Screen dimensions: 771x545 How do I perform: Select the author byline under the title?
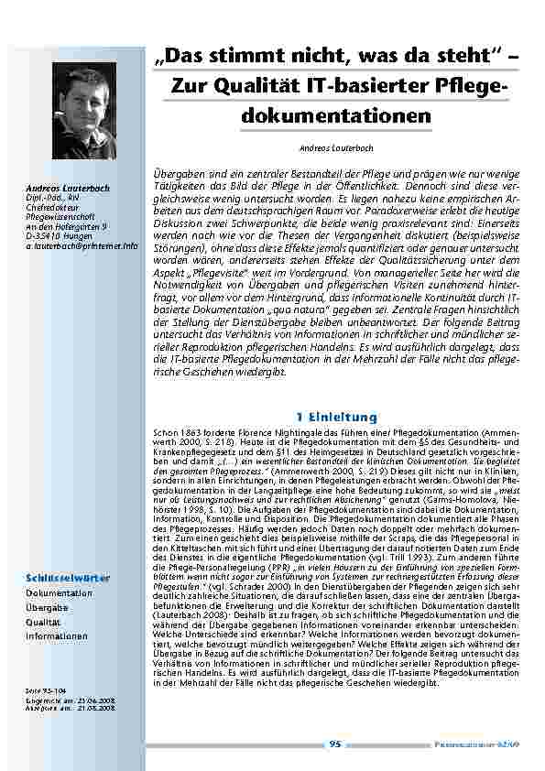click(x=335, y=147)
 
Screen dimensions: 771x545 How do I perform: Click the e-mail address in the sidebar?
click(x=82, y=246)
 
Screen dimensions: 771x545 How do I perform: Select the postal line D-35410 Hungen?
click(x=57, y=236)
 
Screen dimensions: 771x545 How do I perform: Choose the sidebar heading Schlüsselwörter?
click(x=68, y=578)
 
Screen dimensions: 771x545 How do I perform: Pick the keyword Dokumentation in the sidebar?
click(x=60, y=592)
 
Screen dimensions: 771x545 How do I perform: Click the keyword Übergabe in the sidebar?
click(x=47, y=607)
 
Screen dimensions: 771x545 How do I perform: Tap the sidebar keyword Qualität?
click(x=43, y=621)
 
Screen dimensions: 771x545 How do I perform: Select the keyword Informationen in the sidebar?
click(x=57, y=635)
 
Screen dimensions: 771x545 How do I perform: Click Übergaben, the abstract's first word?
click(x=177, y=173)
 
